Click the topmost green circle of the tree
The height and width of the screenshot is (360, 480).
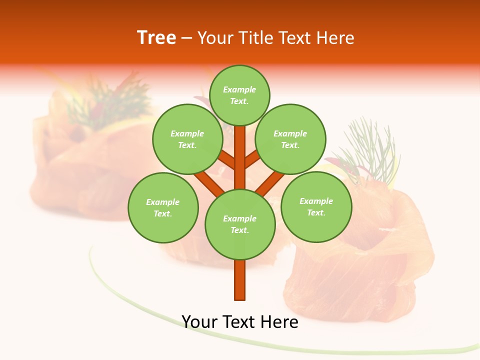239,95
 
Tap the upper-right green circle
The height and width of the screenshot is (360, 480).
290,139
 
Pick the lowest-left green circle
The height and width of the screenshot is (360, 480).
163,207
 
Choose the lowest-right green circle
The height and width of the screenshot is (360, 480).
316,206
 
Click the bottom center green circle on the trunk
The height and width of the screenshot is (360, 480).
240,224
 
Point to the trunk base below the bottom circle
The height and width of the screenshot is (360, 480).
240,280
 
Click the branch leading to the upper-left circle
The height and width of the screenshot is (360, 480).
227,159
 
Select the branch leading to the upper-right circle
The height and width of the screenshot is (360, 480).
252,159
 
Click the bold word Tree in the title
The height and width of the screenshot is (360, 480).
156,37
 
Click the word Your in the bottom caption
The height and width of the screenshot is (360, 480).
198,321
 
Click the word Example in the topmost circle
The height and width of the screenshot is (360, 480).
239,89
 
